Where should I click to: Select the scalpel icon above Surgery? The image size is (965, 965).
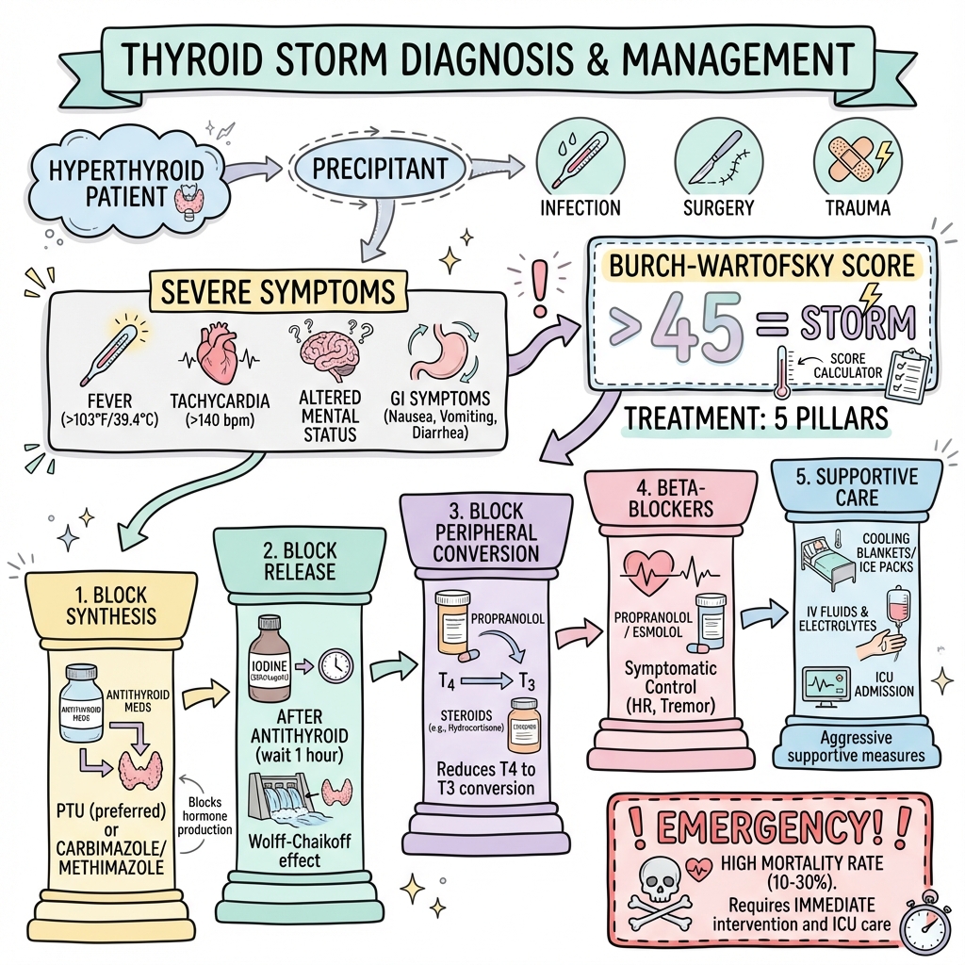(715, 157)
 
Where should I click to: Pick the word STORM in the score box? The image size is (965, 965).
(857, 323)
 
